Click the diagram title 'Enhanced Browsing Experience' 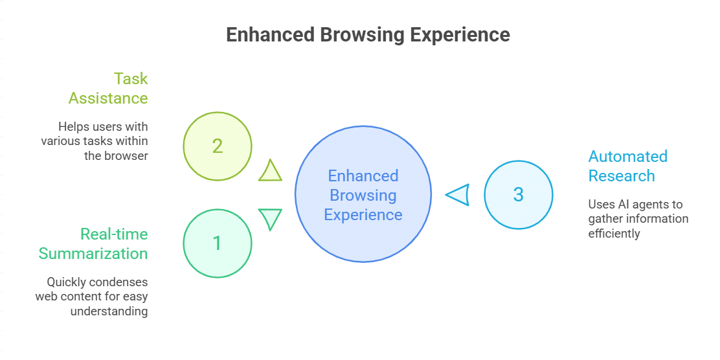[x=368, y=35]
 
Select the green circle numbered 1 [x=217, y=243]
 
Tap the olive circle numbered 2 [x=217, y=146]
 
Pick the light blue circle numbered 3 [x=518, y=194]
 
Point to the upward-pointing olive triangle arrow [x=270, y=171]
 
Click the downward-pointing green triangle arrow [x=270, y=218]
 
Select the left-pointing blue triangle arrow [x=458, y=194]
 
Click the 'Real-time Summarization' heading [x=93, y=243]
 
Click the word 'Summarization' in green [x=93, y=253]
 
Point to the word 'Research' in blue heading [x=622, y=175]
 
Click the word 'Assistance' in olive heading [x=109, y=98]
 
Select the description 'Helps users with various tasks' [x=95, y=141]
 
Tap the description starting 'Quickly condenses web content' [x=91, y=297]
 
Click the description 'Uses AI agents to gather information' [x=638, y=219]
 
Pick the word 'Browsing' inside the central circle [x=363, y=195]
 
